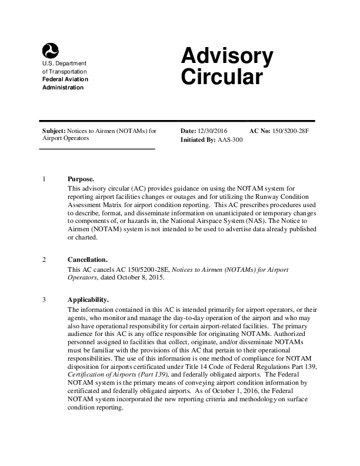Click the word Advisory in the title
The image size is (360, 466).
pos(227,56)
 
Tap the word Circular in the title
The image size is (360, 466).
pos(221,77)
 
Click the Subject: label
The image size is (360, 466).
pos(54,131)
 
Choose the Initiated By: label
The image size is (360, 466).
pos(198,140)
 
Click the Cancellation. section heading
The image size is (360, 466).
pos(88,259)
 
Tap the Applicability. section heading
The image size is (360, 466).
pos(88,299)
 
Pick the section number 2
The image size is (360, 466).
pos(44,259)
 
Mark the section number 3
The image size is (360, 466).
pos(44,299)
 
